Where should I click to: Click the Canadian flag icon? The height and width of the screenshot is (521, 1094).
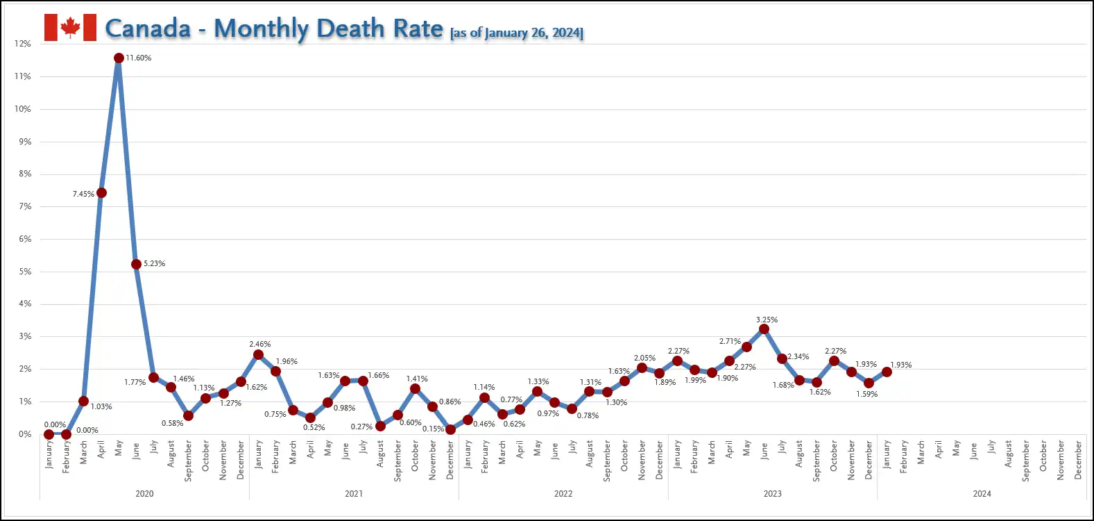tap(70, 28)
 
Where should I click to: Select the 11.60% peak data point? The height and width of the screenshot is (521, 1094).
tap(119, 58)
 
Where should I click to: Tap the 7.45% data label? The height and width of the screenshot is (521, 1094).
tap(83, 194)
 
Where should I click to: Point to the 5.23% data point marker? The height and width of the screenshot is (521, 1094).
tap(136, 264)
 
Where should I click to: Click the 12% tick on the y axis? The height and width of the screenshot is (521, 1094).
tap(23, 44)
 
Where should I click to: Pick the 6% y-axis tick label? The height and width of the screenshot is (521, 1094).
tap(25, 239)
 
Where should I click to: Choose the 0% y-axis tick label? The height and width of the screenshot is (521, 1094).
tap(25, 434)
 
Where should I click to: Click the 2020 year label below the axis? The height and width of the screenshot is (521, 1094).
tap(144, 494)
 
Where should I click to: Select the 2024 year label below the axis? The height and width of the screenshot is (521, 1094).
tap(982, 494)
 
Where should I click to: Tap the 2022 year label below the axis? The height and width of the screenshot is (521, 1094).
tap(563, 494)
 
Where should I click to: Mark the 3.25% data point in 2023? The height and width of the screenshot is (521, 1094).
tap(764, 329)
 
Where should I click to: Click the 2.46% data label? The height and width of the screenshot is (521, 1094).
tap(260, 344)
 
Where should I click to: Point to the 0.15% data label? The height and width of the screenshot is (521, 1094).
tap(433, 429)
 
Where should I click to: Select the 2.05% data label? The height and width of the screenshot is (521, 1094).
tap(644, 358)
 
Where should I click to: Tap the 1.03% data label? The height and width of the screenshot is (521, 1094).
tap(101, 406)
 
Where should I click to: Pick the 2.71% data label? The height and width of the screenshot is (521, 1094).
tap(730, 341)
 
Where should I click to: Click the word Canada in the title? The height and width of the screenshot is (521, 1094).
tap(148, 28)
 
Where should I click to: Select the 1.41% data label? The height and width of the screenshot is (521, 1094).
tap(417, 379)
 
